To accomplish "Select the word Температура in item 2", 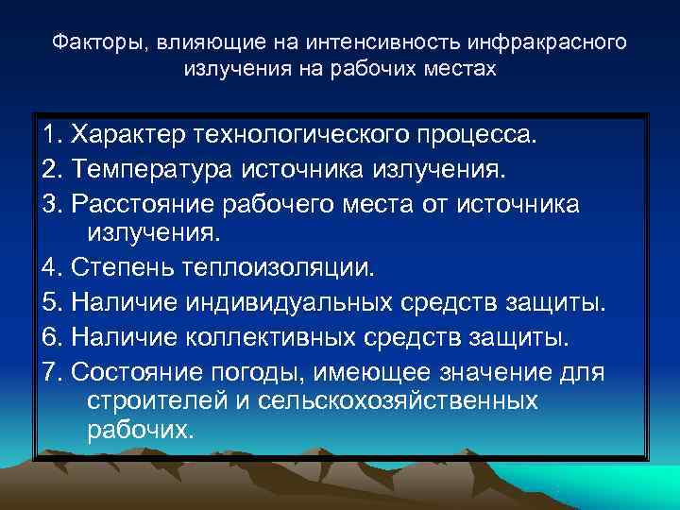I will pyautogui.click(x=152, y=170).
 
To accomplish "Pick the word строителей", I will pyautogui.click(x=146, y=400).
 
